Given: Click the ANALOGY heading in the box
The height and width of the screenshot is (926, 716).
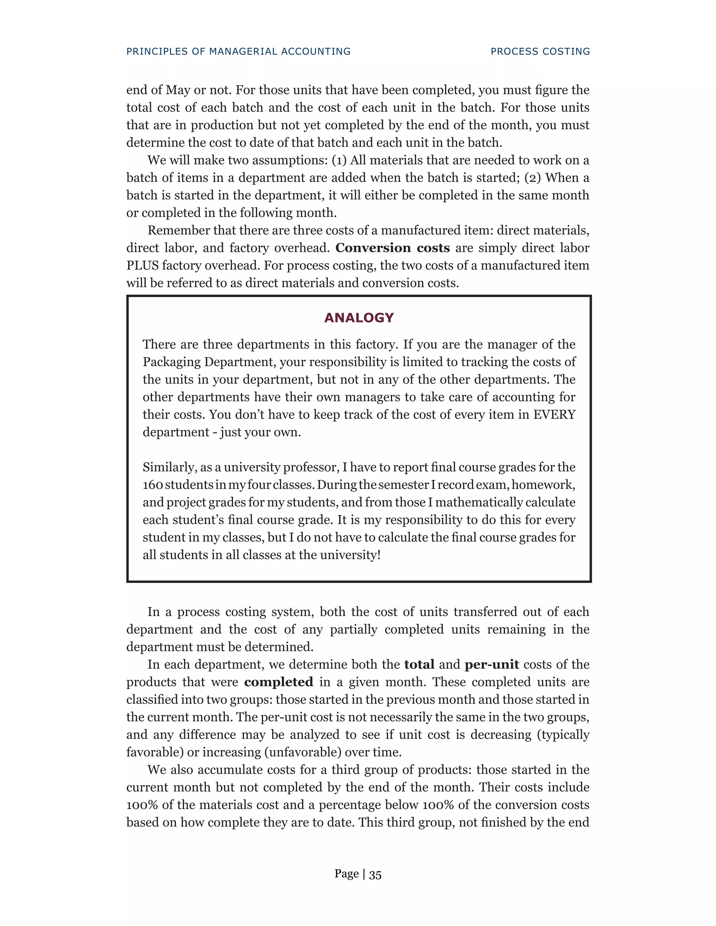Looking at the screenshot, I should point(359,318).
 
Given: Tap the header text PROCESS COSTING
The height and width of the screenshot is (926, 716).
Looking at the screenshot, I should point(540,51).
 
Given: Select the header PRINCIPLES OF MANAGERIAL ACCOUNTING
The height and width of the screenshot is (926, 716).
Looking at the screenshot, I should point(238,51).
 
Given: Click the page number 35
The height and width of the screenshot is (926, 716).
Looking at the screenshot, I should point(375,874).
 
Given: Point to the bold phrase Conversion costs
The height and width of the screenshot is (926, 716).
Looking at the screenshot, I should point(392,248).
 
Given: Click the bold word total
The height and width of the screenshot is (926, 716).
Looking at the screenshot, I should point(419,664).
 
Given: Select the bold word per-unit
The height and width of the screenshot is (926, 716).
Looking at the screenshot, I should point(492,664).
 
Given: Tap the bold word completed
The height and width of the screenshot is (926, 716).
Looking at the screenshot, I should point(279,682).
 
